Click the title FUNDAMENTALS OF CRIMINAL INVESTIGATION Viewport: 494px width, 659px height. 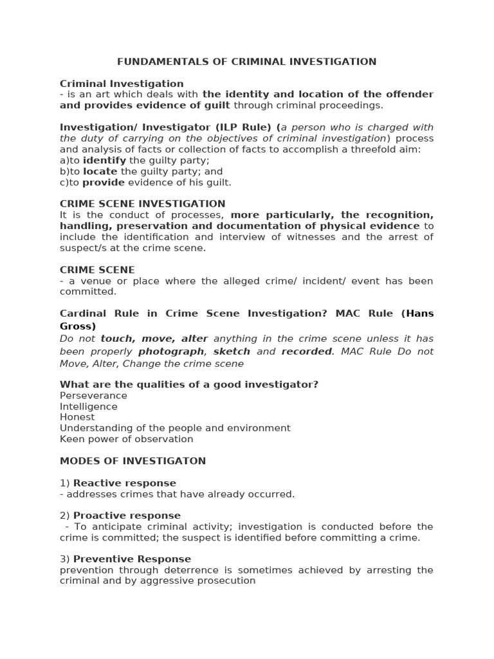coord(246,62)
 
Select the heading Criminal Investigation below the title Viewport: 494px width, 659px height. coord(122,84)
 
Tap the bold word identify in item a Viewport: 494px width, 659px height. coord(104,160)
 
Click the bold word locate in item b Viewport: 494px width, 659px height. coord(100,171)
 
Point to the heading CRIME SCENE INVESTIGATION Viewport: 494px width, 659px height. coord(142,204)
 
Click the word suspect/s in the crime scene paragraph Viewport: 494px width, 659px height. coord(80,248)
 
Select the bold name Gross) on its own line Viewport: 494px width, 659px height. coord(78,326)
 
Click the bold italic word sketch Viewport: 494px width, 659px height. coord(232,351)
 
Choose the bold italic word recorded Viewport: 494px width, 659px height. coord(307,351)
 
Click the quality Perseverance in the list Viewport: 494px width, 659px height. coord(93,396)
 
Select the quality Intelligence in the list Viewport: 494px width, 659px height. coord(89,407)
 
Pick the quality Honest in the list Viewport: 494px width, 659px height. coord(77,417)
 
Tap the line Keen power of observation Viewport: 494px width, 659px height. coord(126,439)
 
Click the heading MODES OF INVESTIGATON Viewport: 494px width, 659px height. coord(133,461)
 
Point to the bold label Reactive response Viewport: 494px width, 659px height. coord(124,483)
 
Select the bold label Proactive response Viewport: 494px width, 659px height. coord(127,515)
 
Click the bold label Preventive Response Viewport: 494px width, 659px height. coord(132,559)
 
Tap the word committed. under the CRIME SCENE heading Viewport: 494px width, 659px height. coord(88,292)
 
